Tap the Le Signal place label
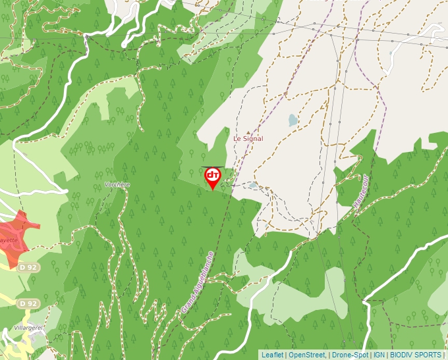point(248,139)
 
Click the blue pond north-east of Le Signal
point(293,120)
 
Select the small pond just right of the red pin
point(253,186)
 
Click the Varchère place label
point(117,185)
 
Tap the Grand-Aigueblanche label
point(198,281)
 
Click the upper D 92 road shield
point(28,268)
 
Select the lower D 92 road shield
point(28,303)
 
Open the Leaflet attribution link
point(272,355)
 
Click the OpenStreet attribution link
point(307,355)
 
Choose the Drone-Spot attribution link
point(349,355)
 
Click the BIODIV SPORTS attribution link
point(416,355)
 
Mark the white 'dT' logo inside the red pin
point(212,175)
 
